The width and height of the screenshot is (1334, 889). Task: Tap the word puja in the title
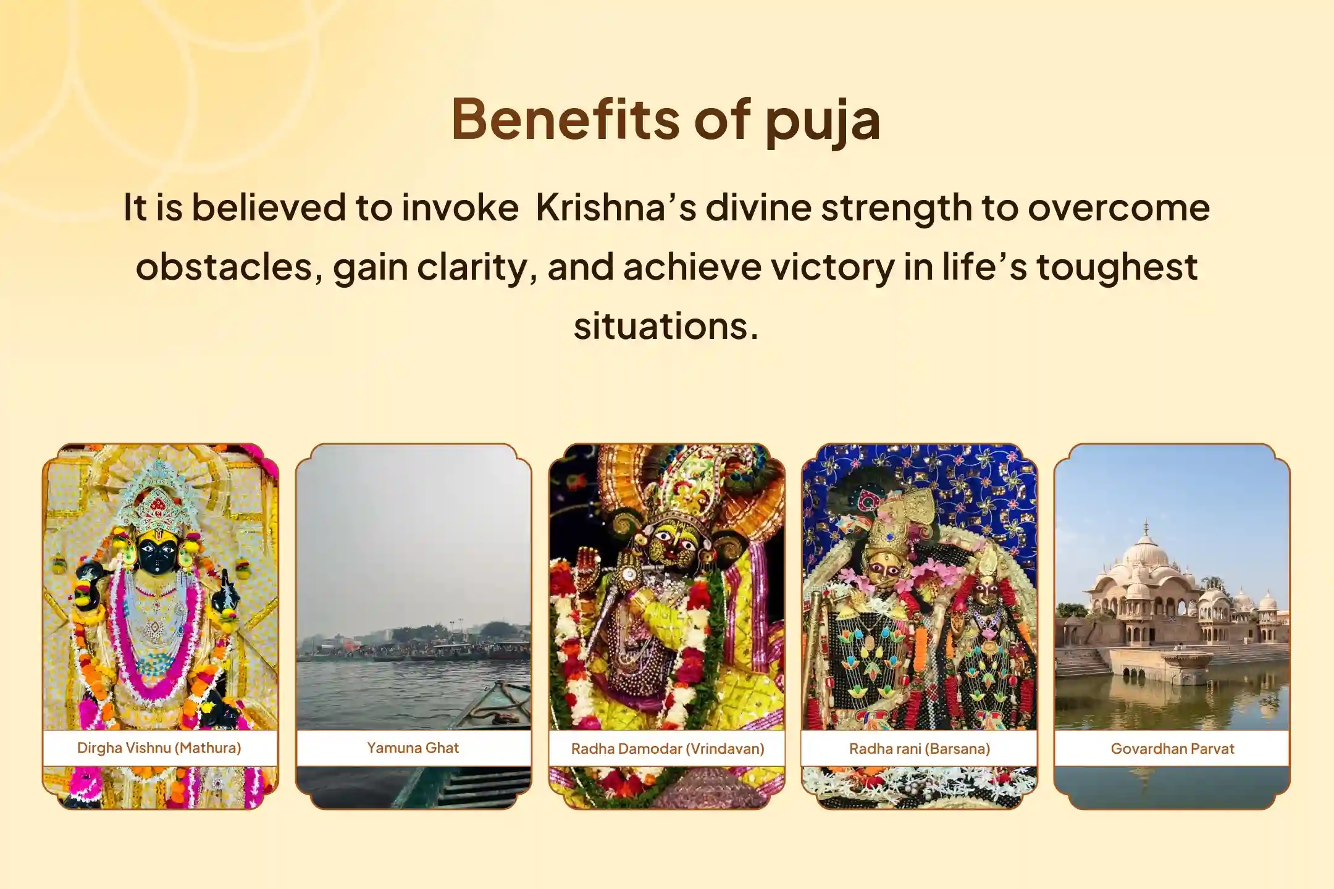pyautogui.click(x=823, y=121)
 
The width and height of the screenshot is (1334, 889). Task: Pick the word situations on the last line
pyautogui.click(x=665, y=326)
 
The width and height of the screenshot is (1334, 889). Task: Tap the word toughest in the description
pyautogui.click(x=1117, y=267)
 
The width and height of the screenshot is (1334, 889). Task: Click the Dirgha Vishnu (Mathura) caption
pyautogui.click(x=159, y=748)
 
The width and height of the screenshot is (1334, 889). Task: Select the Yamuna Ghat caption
pyautogui.click(x=413, y=748)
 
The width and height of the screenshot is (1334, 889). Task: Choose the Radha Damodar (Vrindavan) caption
pyautogui.click(x=668, y=748)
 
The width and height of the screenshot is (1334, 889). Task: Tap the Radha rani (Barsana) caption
pyautogui.click(x=920, y=748)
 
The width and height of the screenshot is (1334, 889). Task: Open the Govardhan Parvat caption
pyautogui.click(x=1172, y=748)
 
